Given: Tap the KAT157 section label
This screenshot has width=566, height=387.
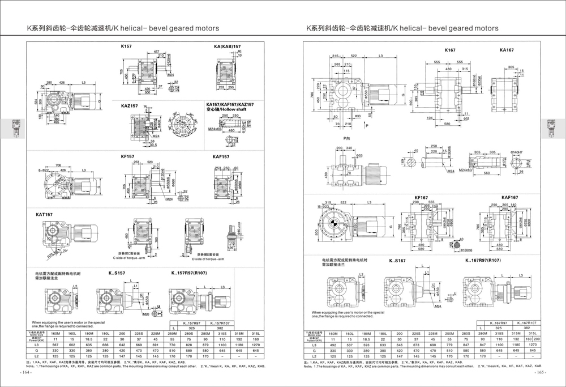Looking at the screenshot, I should pyautogui.click(x=44, y=215).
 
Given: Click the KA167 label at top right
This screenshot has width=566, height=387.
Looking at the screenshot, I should pyautogui.click(x=507, y=50).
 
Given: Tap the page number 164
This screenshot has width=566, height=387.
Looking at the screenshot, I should pyautogui.click(x=27, y=372).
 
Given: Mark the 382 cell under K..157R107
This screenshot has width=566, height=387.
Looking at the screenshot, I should pyautogui.click(x=221, y=328).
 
